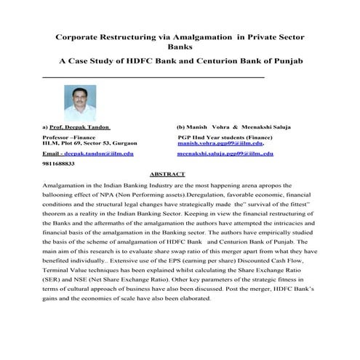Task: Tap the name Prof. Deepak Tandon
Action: [x=80, y=127]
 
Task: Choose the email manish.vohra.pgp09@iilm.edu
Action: [x=220, y=144]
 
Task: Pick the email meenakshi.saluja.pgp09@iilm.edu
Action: [x=225, y=154]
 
